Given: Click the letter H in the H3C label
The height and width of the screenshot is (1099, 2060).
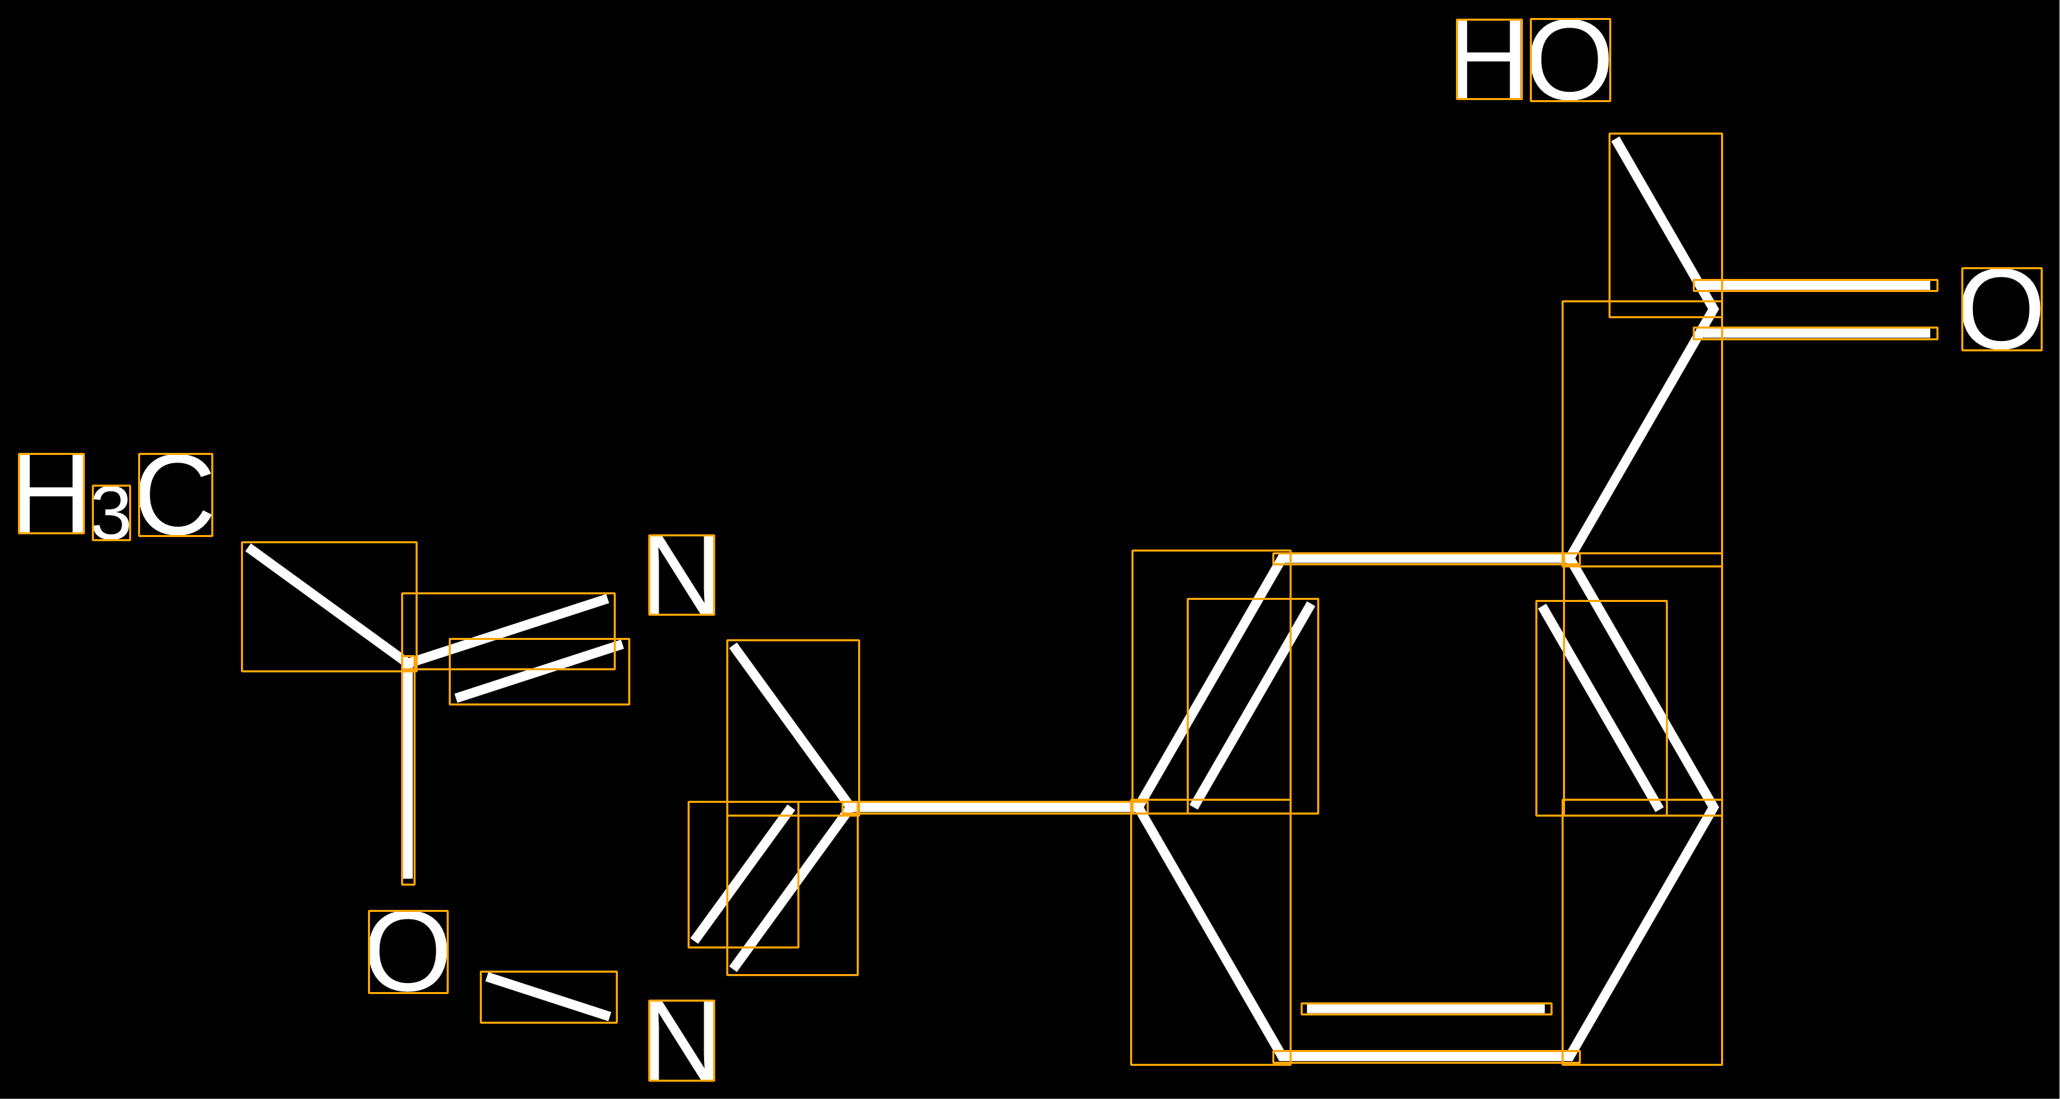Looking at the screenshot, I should tap(51, 494).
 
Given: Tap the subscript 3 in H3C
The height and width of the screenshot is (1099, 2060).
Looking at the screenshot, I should tap(111, 513).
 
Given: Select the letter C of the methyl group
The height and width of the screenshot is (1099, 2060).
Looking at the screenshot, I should tap(175, 494).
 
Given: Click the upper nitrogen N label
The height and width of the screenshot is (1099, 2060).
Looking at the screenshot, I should tap(681, 575).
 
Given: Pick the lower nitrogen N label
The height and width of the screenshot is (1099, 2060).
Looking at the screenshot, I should tap(681, 1040).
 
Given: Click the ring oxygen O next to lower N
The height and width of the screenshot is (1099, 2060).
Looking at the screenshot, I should tap(408, 952).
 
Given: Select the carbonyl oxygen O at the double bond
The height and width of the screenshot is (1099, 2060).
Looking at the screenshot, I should tap(2001, 309).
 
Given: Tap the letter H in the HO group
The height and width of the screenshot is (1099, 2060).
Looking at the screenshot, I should tap(1488, 59).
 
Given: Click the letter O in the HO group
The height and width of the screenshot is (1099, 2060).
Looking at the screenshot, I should tap(1570, 60).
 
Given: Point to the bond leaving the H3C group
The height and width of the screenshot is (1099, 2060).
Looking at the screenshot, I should tap(328, 605).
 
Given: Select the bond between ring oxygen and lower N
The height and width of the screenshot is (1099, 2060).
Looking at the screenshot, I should tap(549, 997).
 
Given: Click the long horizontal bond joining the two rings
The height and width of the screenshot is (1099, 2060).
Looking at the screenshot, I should tap(994, 808).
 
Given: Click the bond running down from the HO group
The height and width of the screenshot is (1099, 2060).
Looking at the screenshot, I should tap(1665, 224).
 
